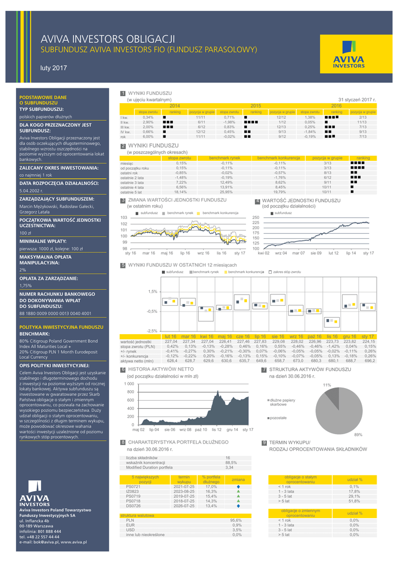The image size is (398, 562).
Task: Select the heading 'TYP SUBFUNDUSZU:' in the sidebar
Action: [42, 109]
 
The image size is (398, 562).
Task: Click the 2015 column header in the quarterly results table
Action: [256, 105]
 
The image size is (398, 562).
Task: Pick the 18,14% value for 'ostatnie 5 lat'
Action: [181, 192]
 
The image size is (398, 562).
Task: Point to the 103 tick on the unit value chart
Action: [124, 218]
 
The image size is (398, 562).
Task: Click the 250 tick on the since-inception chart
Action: [255, 218]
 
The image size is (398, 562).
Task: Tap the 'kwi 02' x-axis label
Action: [264, 253]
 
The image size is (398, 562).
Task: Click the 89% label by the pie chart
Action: [358, 435]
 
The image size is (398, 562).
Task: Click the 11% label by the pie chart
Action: [327, 385]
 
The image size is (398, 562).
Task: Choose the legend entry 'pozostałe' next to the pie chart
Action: [279, 418]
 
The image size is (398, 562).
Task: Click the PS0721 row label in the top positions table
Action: [133, 487]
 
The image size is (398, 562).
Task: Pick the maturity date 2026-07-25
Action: [184, 505]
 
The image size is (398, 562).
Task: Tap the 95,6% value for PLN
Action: [236, 520]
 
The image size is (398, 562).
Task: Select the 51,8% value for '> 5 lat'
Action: [354, 501]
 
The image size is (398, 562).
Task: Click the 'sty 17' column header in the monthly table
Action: [367, 336]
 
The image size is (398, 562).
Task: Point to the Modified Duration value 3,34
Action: [229, 468]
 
